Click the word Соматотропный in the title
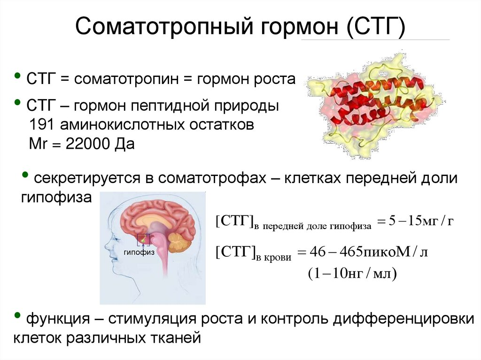[164, 27]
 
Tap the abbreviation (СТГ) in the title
[376, 27]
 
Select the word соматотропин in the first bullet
[126, 79]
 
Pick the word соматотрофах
[212, 178]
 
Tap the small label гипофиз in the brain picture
[139, 253]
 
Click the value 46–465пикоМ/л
[369, 252]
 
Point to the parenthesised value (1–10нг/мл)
[352, 273]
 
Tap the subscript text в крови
[273, 258]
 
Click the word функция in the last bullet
[58, 319]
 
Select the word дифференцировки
[403, 319]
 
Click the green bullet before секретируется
[25, 175]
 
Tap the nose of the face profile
[106, 246]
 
